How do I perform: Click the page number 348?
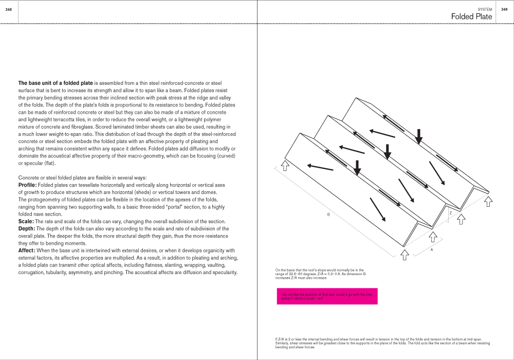[x=9, y=9]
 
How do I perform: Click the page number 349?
[x=504, y=9]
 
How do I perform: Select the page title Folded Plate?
[x=471, y=17]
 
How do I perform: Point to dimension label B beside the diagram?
[x=328, y=214]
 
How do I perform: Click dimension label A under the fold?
[x=431, y=249]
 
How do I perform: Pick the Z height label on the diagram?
[x=450, y=212]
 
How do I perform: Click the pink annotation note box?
[x=327, y=296]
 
